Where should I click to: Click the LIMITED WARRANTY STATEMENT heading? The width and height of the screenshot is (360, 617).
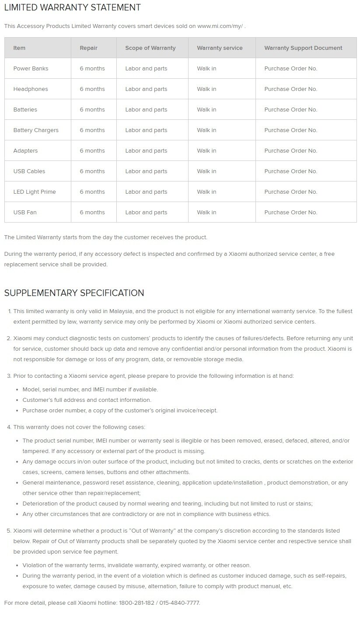pos(72,7)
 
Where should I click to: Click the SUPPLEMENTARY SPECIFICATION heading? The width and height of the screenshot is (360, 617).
pos(74,293)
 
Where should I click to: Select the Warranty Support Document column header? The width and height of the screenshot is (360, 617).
pos(303,48)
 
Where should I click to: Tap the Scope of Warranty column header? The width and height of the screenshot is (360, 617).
pos(150,48)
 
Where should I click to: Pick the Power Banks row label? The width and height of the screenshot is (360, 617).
pos(31,69)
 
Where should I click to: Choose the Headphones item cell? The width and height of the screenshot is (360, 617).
pos(31,89)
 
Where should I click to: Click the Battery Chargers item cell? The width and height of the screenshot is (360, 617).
pos(35,130)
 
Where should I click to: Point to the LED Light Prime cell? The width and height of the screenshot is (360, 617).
pos(35,192)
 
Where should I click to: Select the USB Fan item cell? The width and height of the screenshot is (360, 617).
pos(25,213)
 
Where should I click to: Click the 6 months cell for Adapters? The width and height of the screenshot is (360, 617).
pos(92,151)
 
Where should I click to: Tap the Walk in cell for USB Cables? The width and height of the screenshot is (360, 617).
pos(206,171)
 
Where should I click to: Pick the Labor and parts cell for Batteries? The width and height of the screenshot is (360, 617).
pos(146,110)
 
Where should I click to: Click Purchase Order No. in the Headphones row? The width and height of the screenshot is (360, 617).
pos(290,89)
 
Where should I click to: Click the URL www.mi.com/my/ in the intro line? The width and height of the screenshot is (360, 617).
pos(220,26)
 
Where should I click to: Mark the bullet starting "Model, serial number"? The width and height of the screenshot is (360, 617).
pos(90,390)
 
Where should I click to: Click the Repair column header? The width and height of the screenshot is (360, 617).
pos(88,48)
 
